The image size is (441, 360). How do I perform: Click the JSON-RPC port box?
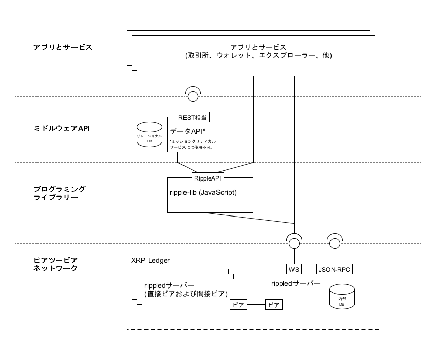(x=335, y=269)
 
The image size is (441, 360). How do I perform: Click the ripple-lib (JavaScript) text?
(x=203, y=193)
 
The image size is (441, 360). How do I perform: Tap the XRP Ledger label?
(x=151, y=260)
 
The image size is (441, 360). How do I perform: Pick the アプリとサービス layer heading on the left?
(x=63, y=47)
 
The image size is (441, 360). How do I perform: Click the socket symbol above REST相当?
(x=193, y=94)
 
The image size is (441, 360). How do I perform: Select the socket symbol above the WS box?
(x=294, y=240)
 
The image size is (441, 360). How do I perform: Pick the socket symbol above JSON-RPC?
(x=335, y=240)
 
